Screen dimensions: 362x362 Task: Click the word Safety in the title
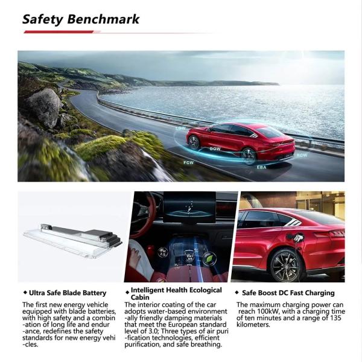pyautogui.click(x=42, y=19)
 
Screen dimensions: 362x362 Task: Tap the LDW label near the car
pyautogui.click(x=180, y=128)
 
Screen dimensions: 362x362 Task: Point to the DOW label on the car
pyautogui.click(x=214, y=148)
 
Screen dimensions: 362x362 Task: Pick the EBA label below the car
pyautogui.click(x=261, y=167)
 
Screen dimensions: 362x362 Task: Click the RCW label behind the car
pyautogui.click(x=302, y=155)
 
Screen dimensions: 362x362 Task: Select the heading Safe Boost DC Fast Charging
pyautogui.click(x=279, y=293)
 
